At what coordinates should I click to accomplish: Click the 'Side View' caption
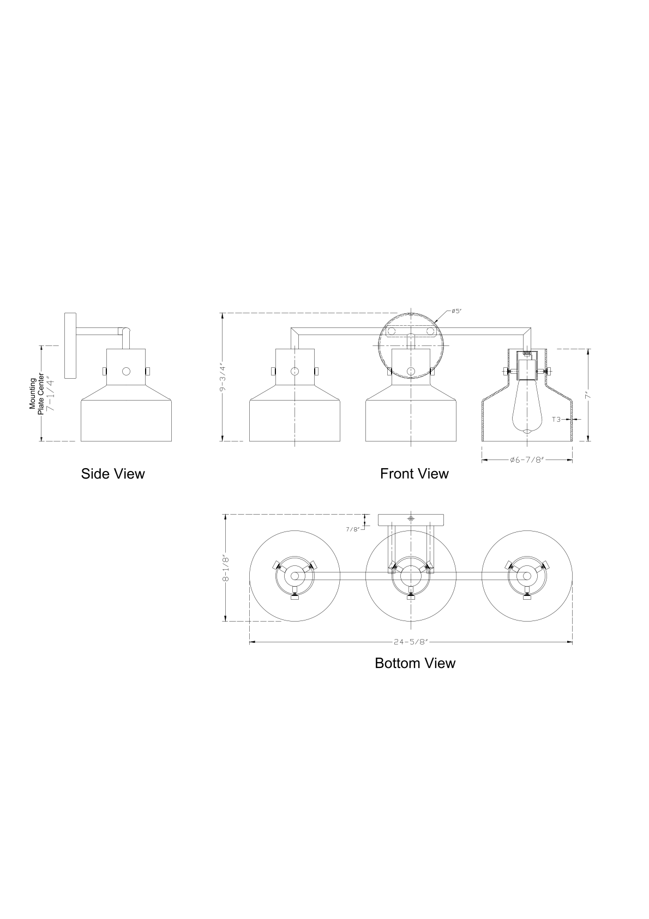pos(113,474)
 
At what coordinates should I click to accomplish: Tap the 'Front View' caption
pos(414,474)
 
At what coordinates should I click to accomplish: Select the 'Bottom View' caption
pos(415,664)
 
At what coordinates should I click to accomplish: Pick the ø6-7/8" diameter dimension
pos(526,460)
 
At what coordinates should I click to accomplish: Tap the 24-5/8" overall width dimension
pos(411,642)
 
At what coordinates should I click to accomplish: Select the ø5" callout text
pos(456,311)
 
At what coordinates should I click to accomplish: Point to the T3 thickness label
pos(556,419)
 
